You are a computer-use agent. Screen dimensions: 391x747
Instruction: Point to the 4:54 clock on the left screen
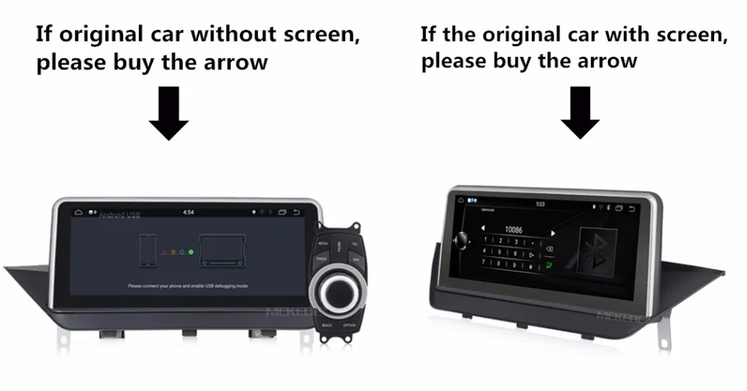coord(190,212)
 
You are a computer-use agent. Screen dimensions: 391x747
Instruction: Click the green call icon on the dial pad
coord(549,263)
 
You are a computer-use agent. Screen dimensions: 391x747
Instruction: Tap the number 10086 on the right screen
coord(512,231)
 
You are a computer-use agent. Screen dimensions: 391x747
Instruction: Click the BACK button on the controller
coord(326,325)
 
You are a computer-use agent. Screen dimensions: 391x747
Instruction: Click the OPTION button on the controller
coord(349,325)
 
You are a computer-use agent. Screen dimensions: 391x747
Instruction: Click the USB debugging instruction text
coord(187,286)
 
